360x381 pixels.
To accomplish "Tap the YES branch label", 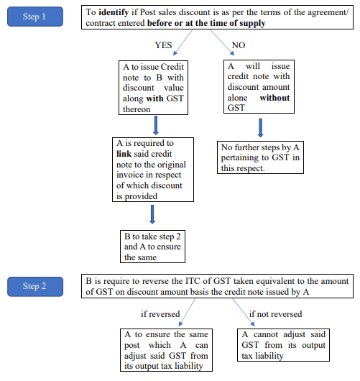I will point(164,44).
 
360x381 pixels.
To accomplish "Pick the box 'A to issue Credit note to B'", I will point(154,88).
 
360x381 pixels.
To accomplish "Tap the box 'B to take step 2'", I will point(153,247).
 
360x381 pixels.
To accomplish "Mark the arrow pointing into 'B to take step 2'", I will point(153,214).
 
